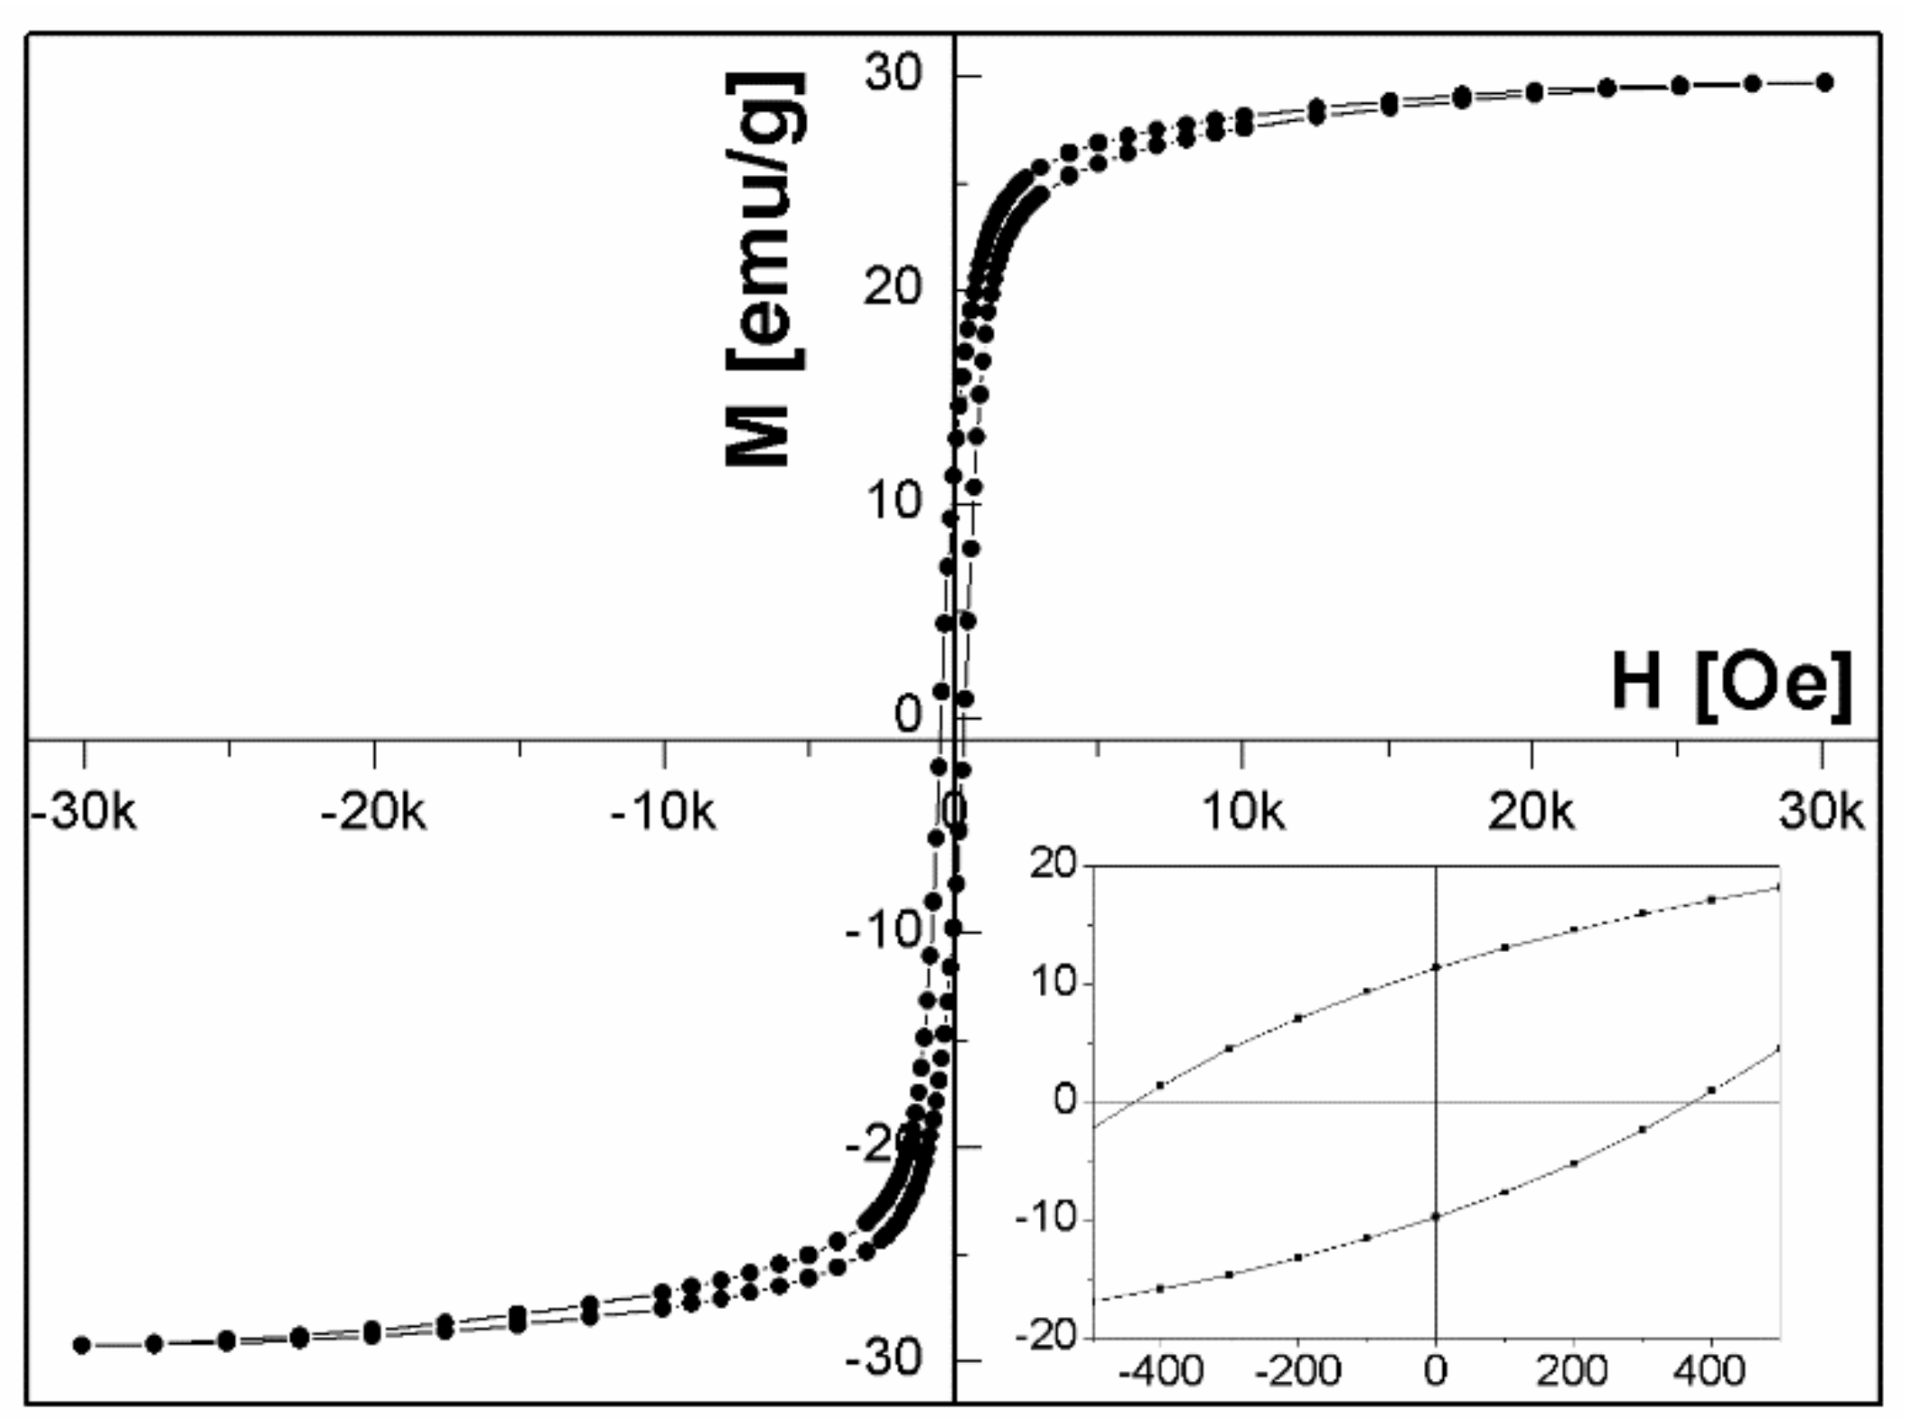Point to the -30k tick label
(84, 813)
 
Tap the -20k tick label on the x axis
(373, 813)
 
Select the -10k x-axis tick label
(663, 813)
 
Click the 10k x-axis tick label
(1243, 813)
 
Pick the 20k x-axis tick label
(1532, 813)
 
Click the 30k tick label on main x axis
(1822, 813)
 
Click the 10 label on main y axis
(895, 500)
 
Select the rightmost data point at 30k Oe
(1824, 83)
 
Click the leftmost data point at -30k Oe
(81, 1345)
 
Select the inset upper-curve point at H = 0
(1436, 967)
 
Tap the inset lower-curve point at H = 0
(1436, 1217)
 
